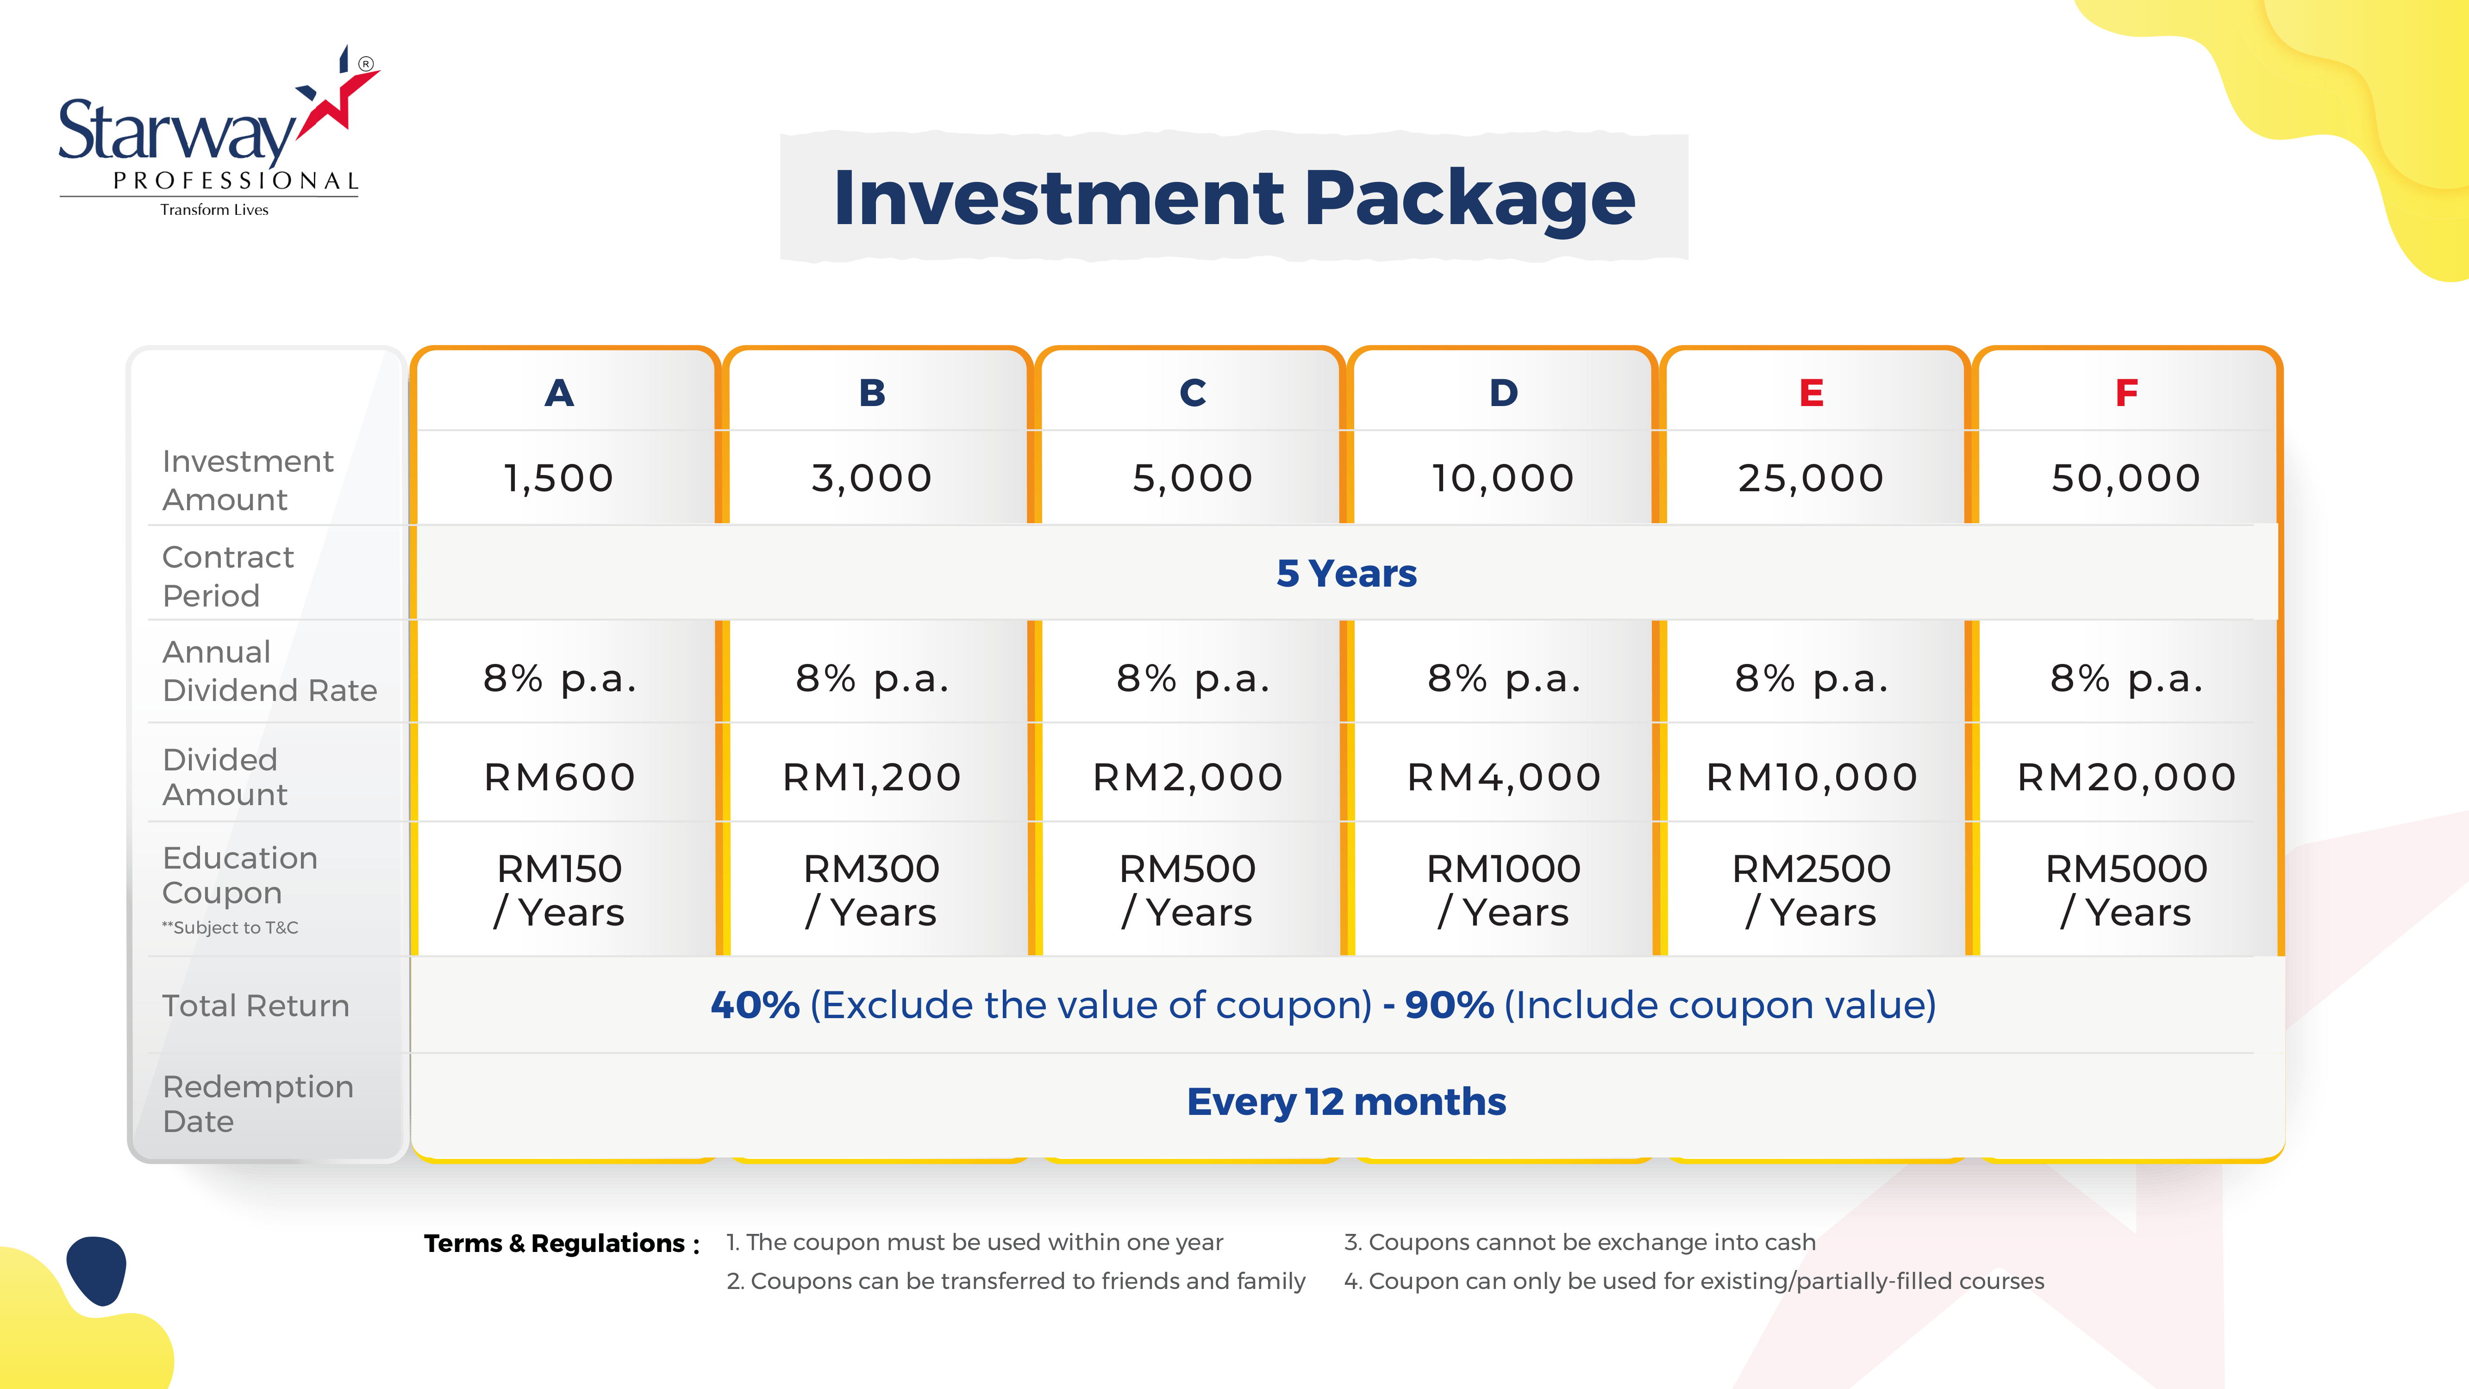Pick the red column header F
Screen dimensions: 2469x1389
pyautogui.click(x=2126, y=393)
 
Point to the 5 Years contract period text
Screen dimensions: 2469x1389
pyautogui.click(x=1347, y=573)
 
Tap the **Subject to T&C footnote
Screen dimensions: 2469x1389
pyautogui.click(x=230, y=928)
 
